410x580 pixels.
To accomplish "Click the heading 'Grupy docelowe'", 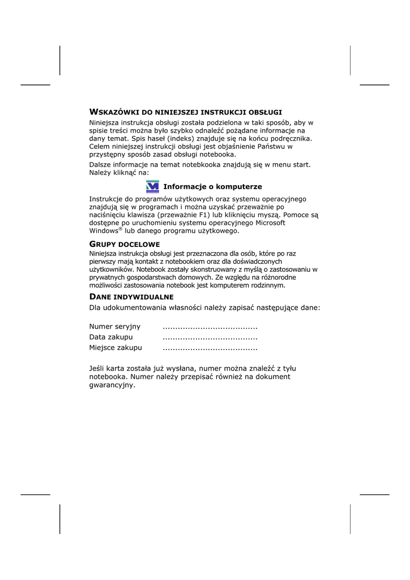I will coord(125,244).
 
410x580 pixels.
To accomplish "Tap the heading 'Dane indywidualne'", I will coord(131,297).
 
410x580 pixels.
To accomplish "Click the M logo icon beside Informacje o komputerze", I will coord(152,186).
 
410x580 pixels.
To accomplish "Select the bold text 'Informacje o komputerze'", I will coord(212,186).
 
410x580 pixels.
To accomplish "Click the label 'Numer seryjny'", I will coord(115,326).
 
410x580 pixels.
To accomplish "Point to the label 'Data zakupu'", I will coord(111,337).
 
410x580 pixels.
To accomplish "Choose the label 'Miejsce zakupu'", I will coord(116,347).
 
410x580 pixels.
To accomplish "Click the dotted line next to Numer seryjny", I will coord(210,327).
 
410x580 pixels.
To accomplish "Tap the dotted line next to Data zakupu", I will coord(210,338).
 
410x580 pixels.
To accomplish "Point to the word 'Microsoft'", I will coord(271,223).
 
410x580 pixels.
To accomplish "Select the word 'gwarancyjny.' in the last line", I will coord(113,385).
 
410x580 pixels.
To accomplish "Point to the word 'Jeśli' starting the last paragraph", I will coord(98,368).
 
